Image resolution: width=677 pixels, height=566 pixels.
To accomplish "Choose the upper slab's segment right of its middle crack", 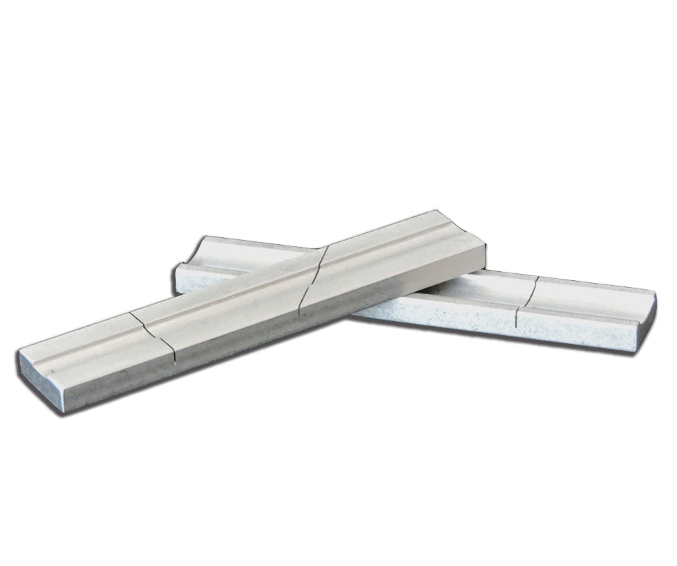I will pyautogui.click(x=389, y=257).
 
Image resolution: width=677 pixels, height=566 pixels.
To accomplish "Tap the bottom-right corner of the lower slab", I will pyautogui.click(x=633, y=350).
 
